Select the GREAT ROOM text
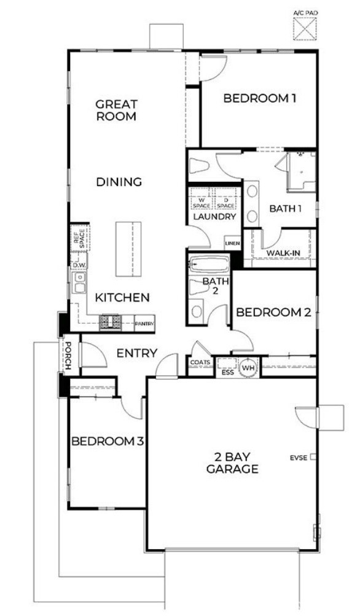point(116,110)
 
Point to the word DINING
point(119,182)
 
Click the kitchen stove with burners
point(111,321)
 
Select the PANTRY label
point(144,322)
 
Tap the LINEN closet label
point(232,244)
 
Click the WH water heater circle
point(248,367)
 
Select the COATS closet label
point(200,362)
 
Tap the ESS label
point(227,371)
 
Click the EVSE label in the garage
point(300,458)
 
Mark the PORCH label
point(69,356)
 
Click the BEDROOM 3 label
point(108,441)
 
